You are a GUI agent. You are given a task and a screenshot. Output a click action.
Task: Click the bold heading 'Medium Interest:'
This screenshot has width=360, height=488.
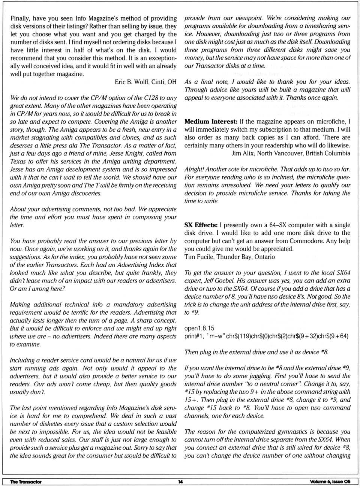coord(211,122)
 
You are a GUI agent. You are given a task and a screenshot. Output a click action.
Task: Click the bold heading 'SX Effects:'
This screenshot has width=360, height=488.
coord(201,225)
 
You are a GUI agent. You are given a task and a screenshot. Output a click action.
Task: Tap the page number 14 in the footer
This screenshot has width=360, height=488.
coord(180,482)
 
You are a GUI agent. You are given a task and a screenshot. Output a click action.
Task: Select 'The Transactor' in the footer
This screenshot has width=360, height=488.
coord(26,482)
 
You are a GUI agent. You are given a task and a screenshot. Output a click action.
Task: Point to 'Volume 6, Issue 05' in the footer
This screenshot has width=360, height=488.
coord(330,482)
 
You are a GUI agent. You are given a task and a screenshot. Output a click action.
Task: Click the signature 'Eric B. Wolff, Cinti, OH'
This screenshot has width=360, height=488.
coord(145,82)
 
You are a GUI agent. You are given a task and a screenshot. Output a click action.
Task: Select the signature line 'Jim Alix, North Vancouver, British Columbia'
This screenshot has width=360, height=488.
coord(291,153)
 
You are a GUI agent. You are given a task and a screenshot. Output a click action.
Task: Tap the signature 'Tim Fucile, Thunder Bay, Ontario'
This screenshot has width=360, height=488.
coord(229,257)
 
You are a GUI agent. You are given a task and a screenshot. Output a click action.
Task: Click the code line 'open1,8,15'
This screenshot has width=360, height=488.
coord(199,328)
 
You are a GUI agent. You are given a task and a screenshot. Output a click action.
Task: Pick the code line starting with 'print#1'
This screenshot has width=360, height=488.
coord(266,336)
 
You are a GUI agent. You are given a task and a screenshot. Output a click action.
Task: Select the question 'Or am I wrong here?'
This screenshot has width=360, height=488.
coord(37,289)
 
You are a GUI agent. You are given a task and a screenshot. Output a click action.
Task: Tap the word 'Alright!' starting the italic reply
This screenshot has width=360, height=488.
coord(194,170)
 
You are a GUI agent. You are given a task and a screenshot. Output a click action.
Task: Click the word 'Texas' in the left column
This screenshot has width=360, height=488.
coord(18,162)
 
